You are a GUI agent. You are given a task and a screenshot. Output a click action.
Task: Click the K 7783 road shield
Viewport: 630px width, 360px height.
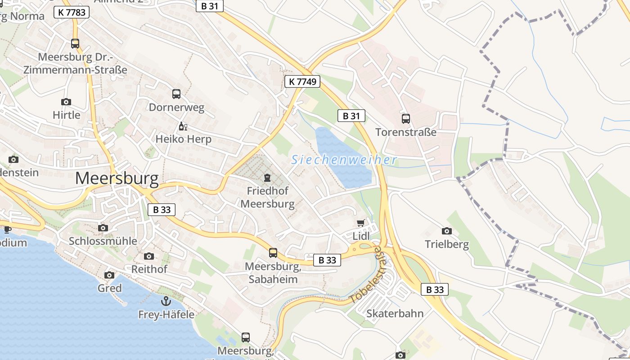pos(72,12)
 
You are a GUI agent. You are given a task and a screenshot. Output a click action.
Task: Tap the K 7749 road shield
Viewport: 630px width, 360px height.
pos(302,81)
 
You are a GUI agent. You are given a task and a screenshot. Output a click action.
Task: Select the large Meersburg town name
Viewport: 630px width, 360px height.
pos(117,179)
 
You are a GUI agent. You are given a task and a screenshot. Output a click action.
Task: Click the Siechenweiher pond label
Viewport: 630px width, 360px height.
pos(344,160)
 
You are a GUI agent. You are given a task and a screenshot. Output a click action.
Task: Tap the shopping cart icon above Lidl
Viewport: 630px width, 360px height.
pos(360,223)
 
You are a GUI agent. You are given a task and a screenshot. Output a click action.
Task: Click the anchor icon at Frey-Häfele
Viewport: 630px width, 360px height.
pos(166,301)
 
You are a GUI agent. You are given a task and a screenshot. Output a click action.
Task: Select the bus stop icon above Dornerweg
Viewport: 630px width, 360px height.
pos(176,94)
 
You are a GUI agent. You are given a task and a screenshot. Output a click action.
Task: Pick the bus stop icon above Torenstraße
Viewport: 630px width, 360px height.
pos(406,119)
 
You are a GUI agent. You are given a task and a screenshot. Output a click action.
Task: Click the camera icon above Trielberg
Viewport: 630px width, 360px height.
pos(447,231)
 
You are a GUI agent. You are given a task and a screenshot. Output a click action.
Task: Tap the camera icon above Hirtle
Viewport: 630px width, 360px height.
pos(66,102)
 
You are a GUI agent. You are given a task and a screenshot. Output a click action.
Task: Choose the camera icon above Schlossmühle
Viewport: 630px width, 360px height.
pos(103,228)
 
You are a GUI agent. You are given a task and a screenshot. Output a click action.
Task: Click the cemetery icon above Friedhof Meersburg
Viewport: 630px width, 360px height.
pos(267,177)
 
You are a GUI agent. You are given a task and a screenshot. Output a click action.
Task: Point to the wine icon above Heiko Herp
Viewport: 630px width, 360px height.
pos(183,126)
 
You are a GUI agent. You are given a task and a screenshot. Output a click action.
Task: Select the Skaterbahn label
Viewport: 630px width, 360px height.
pos(395,313)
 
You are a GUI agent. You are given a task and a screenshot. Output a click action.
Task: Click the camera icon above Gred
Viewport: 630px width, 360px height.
pos(109,275)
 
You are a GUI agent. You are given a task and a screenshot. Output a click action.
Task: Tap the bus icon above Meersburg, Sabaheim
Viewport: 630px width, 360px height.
pos(273,252)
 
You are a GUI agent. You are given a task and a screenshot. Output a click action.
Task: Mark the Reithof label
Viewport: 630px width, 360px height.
pos(149,269)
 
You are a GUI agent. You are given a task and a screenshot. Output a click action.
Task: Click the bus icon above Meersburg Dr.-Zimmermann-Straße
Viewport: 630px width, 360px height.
pos(75,44)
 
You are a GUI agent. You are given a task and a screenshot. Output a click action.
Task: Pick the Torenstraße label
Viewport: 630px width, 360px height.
pos(406,132)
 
